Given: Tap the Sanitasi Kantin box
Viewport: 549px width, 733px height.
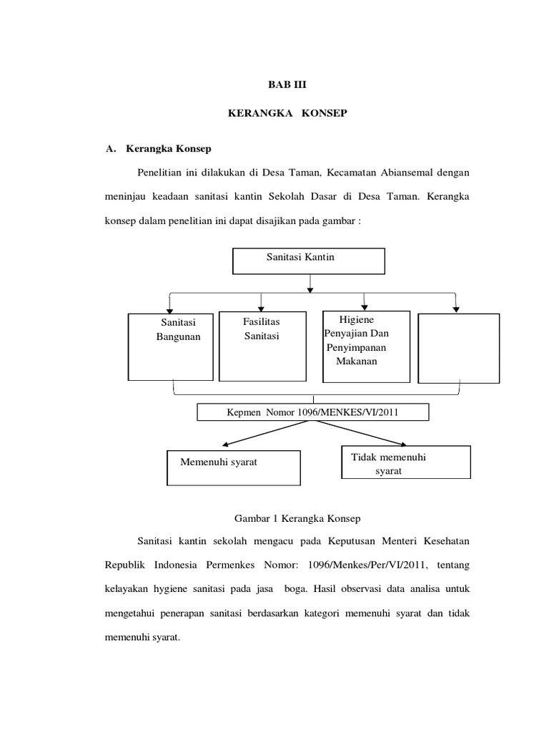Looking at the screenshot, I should coord(308,261).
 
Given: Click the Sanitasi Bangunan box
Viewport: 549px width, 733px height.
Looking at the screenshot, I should coord(171,346).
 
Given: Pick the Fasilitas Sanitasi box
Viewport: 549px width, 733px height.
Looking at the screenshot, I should coord(261,346).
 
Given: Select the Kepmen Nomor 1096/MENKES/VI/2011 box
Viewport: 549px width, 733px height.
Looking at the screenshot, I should coord(313,412).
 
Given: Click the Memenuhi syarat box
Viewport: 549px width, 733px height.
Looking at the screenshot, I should coord(223,467).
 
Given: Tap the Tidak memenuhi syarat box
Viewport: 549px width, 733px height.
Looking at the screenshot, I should coord(403,462).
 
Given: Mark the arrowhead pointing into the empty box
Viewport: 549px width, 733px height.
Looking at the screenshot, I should coord(456,309).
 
